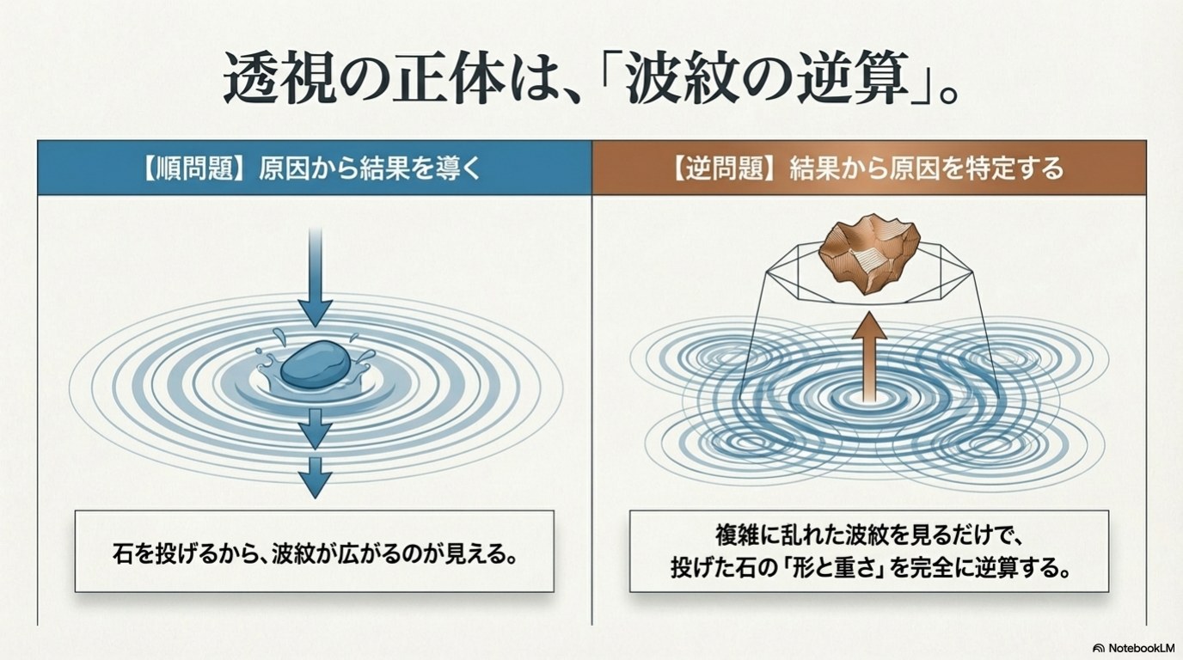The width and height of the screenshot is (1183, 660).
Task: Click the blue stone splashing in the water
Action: (316, 368)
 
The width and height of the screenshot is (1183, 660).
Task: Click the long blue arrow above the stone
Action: (315, 275)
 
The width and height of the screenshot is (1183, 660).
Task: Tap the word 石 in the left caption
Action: (122, 551)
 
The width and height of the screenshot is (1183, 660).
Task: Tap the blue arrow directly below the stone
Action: (315, 427)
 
